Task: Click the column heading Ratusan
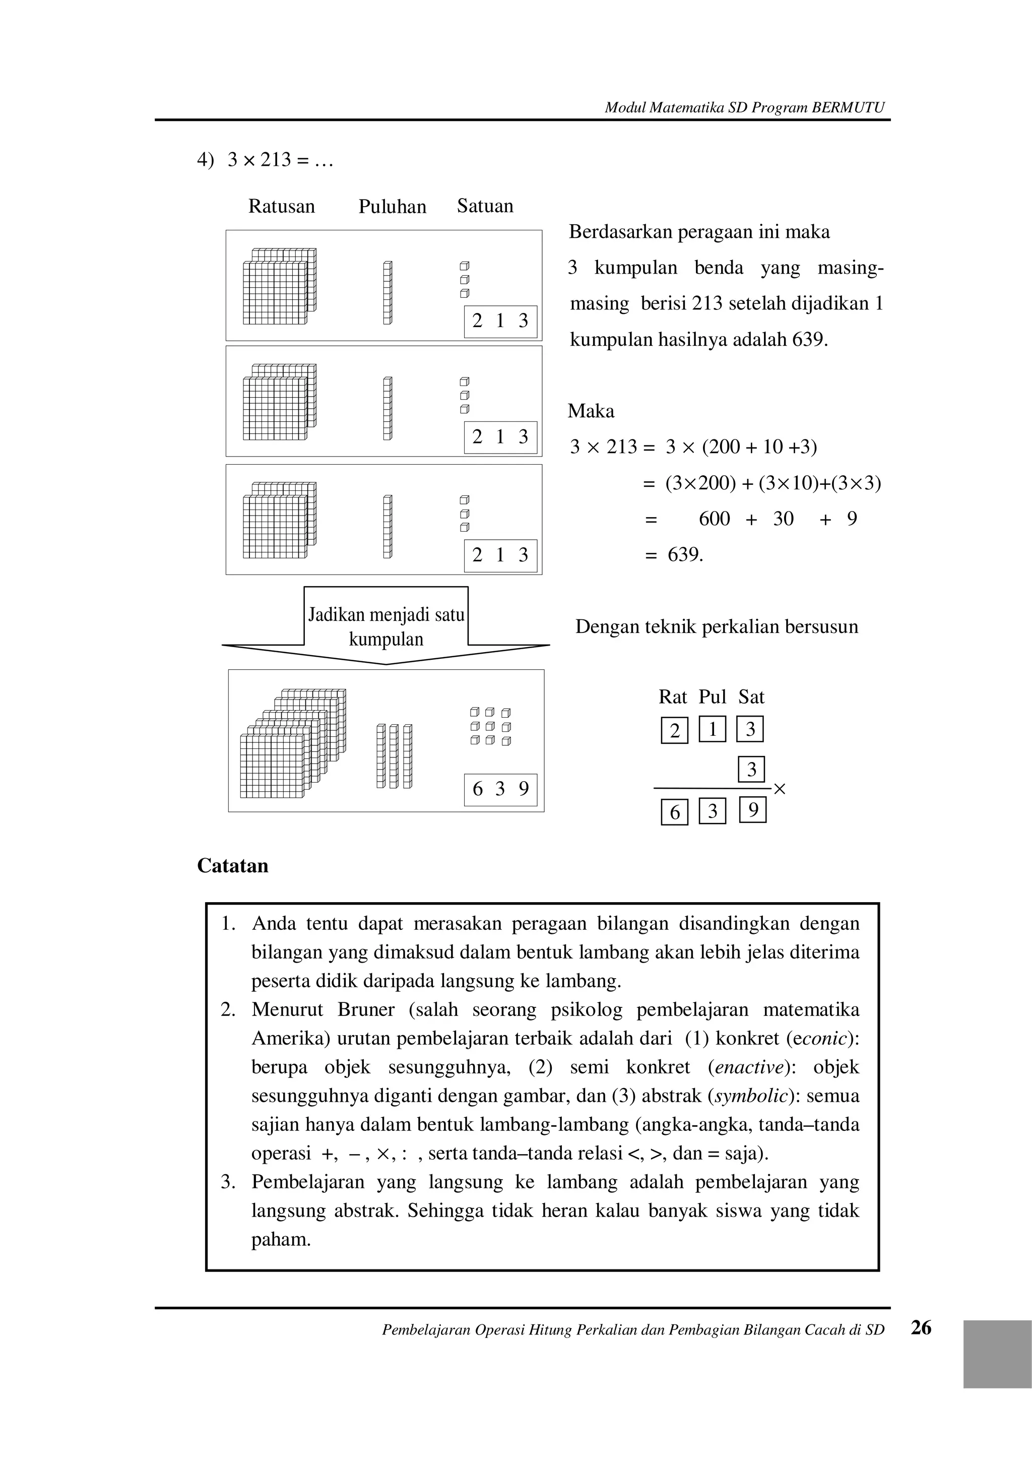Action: point(281,206)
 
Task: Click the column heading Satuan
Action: point(485,206)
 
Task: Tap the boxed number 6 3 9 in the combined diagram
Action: point(500,789)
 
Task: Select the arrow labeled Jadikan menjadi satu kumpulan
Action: point(386,626)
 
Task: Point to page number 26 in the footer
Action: point(921,1328)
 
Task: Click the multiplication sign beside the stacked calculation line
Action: point(780,789)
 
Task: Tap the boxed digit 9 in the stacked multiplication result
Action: point(753,810)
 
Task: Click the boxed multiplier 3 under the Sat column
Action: point(751,770)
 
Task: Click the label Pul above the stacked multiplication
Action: point(712,697)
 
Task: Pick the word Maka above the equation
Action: point(591,411)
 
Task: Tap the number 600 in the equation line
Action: point(714,519)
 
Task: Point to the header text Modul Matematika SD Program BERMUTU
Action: point(744,107)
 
